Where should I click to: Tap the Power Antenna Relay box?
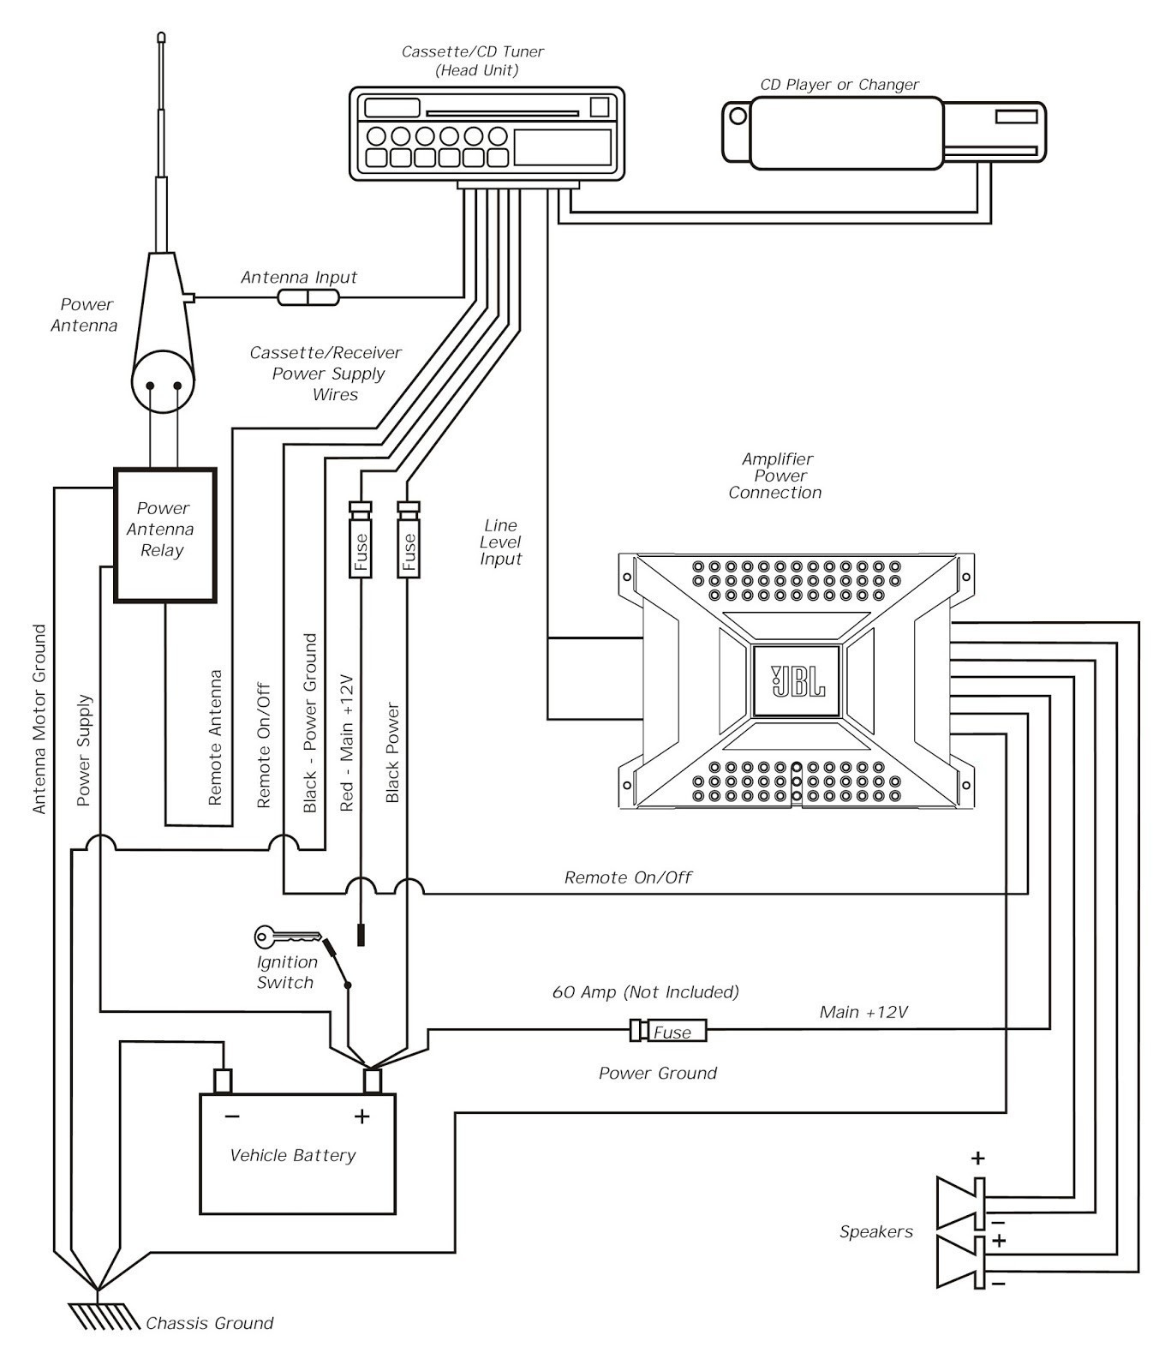(164, 535)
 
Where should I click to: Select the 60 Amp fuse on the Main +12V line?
(669, 1031)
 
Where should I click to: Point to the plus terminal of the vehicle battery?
(372, 1081)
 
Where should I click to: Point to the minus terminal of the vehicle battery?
(223, 1081)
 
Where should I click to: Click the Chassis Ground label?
(209, 1323)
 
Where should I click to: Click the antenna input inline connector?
(308, 297)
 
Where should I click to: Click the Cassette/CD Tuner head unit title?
(473, 61)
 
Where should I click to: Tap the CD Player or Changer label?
(839, 85)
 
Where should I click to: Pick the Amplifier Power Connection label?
(776, 476)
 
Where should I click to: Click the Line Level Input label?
(500, 542)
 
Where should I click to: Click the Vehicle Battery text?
(293, 1155)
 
